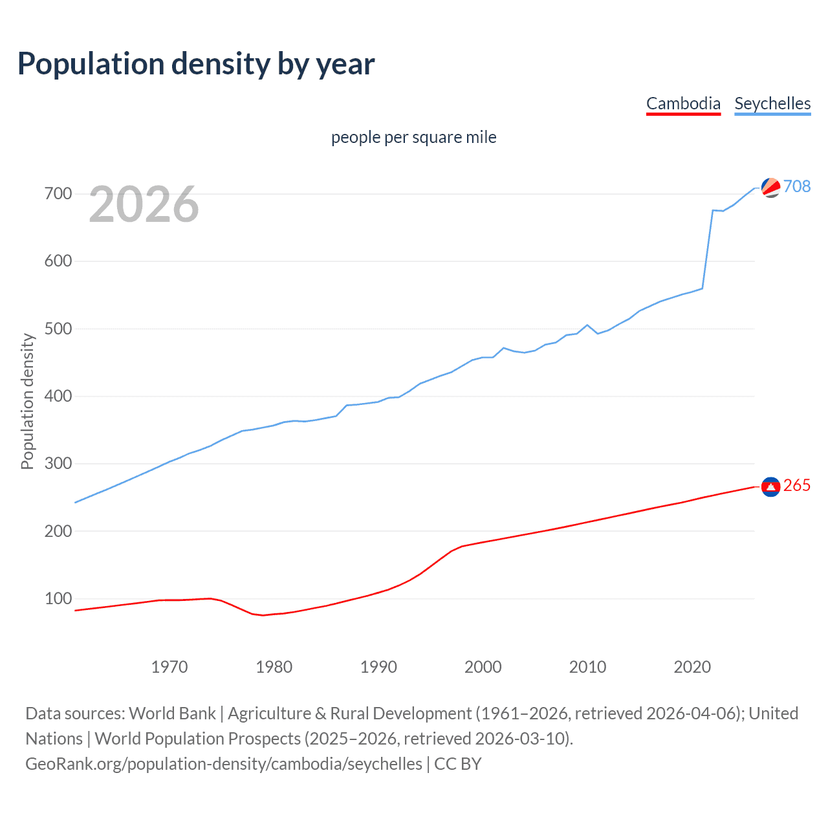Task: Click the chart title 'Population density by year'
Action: [x=196, y=64]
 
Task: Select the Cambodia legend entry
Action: [x=683, y=103]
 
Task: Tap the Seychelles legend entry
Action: [x=772, y=103]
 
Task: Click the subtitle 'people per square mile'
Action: [x=413, y=137]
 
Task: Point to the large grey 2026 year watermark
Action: [x=144, y=204]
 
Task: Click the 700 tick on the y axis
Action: [x=58, y=193]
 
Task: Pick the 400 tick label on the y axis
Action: [x=58, y=396]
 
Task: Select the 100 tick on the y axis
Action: [x=58, y=598]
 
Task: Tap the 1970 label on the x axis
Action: [x=169, y=667]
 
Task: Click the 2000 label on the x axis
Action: [x=483, y=667]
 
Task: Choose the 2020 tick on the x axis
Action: [x=692, y=667]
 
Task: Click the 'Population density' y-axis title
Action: [x=27, y=401]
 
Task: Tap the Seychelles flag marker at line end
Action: [x=770, y=187]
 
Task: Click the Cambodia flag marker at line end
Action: [x=770, y=486]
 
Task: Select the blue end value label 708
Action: [x=797, y=186]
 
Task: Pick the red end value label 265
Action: [x=797, y=486]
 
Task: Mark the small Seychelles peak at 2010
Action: [x=587, y=325]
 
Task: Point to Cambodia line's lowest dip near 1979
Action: [x=263, y=615]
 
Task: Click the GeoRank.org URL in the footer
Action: [x=224, y=764]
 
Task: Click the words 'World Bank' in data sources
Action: [x=172, y=714]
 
